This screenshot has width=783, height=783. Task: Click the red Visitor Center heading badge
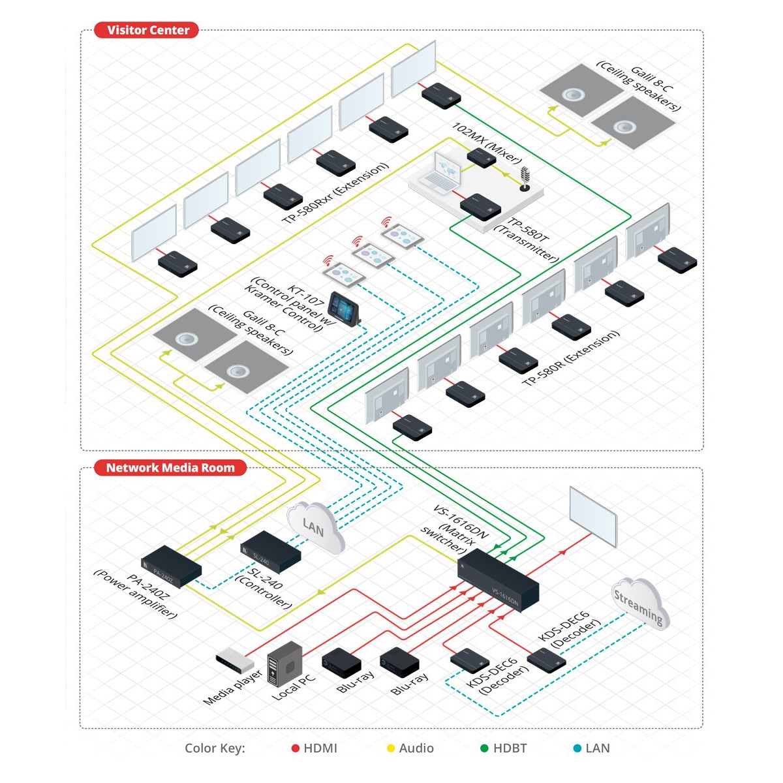(146, 30)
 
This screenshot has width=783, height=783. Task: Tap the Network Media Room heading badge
(170, 468)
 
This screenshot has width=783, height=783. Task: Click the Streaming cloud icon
(637, 603)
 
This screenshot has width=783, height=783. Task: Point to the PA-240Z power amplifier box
(171, 566)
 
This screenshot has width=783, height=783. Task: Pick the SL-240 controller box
(270, 551)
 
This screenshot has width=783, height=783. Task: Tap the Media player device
(234, 660)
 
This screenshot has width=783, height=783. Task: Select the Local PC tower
(286, 662)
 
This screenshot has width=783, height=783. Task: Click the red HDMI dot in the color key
(296, 748)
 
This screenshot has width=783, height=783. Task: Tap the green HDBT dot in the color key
(484, 748)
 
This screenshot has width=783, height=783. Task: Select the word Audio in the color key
(416, 748)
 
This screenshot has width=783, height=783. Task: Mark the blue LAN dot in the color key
(577, 748)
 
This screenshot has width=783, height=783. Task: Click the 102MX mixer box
(482, 157)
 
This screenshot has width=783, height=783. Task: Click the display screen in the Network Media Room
(592, 515)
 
